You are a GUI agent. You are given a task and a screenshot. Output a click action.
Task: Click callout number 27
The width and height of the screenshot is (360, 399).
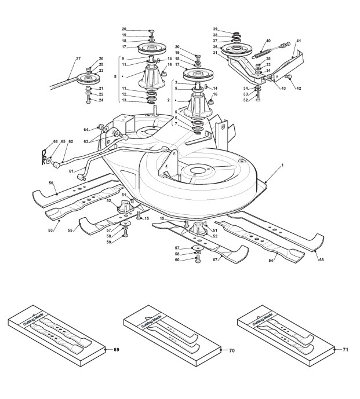(78, 59)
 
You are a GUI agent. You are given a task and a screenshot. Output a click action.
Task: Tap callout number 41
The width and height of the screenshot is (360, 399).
(299, 41)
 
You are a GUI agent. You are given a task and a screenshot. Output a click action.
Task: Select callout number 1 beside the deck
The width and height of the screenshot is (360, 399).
(282, 165)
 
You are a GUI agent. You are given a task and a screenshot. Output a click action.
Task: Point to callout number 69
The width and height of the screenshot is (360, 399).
(116, 350)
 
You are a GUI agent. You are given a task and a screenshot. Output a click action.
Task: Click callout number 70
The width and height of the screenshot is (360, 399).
(231, 351)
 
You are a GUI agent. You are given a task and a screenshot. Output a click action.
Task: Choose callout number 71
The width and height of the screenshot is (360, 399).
(346, 350)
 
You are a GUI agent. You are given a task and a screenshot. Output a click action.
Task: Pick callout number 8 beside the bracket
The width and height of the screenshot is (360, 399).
(115, 76)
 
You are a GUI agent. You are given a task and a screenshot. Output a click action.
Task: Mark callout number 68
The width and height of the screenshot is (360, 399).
(321, 260)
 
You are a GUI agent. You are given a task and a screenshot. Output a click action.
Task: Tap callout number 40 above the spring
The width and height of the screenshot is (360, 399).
(268, 41)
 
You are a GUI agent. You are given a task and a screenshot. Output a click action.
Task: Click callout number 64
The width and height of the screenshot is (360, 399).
(86, 130)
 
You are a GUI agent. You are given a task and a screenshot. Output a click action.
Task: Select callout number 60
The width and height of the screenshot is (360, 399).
(177, 260)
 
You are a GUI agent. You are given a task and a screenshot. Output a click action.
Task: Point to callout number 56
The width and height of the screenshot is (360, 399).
(51, 182)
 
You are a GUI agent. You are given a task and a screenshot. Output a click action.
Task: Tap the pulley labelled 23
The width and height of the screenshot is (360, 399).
(87, 79)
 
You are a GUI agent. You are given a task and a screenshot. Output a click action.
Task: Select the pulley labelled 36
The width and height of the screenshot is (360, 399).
(236, 50)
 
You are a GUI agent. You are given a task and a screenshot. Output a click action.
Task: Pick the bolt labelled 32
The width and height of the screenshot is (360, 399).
(258, 97)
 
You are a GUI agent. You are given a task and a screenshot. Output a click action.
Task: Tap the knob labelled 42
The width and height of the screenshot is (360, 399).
(288, 76)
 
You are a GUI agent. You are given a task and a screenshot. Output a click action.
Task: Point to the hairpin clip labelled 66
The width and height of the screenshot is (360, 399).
(44, 158)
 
